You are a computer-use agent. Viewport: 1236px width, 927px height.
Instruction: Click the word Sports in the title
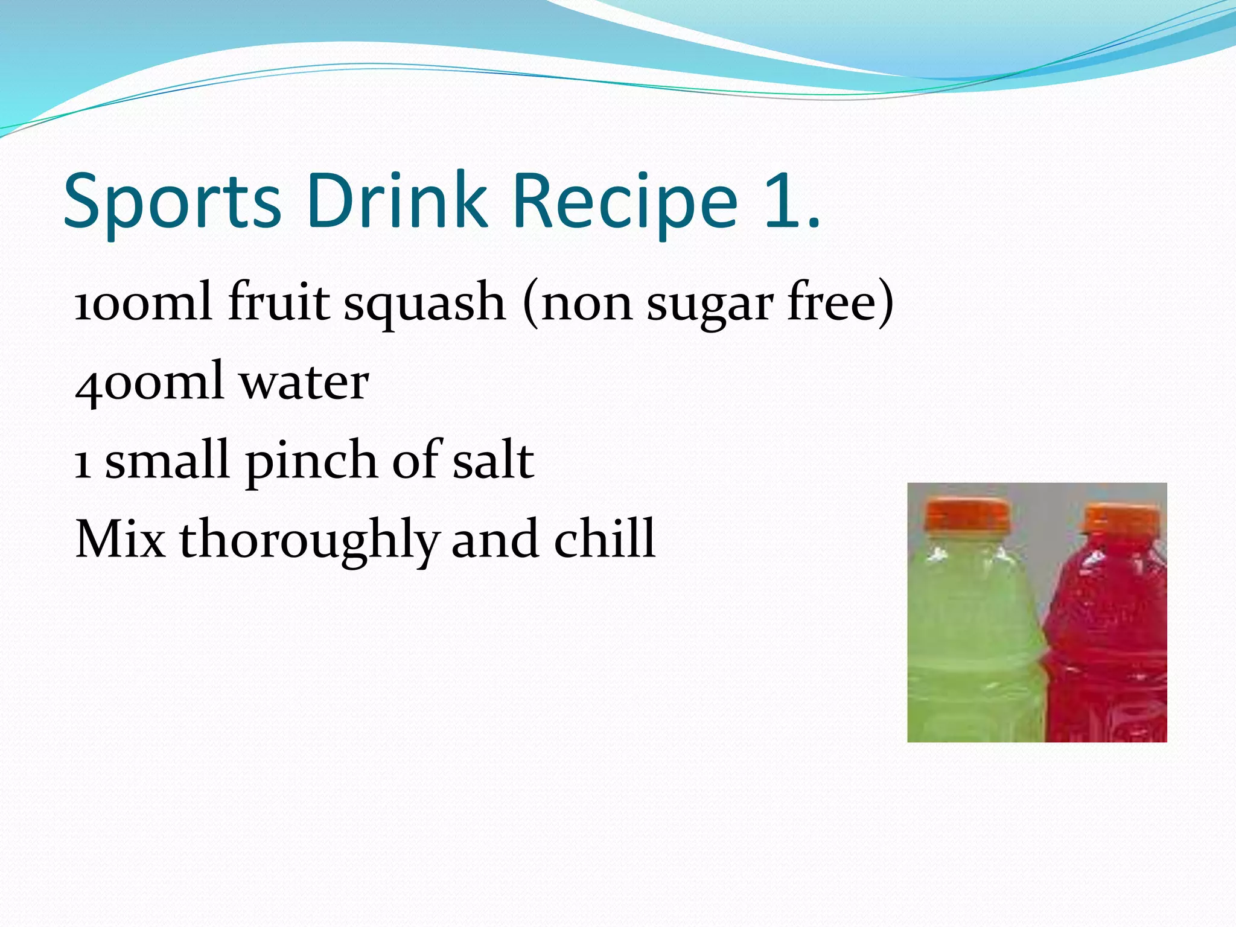172,202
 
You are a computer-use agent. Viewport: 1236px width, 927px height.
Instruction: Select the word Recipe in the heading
625,202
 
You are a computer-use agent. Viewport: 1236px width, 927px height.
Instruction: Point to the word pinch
311,462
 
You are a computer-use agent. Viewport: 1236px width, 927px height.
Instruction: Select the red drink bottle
1110,640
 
